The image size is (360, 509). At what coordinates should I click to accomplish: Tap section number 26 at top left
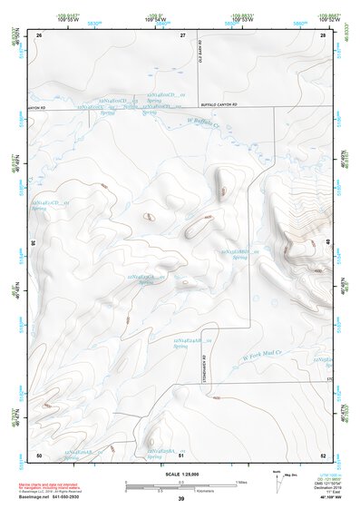[x=39, y=34]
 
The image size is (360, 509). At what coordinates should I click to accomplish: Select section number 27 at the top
[x=183, y=34]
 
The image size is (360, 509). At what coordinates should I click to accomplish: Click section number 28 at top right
[x=323, y=34]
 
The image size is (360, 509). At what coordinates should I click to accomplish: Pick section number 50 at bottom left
[x=39, y=454]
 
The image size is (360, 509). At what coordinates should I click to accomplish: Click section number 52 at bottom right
[x=323, y=454]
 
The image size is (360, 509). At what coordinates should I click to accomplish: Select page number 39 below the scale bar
[x=180, y=499]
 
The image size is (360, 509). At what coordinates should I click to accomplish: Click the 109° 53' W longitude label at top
[x=241, y=19]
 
